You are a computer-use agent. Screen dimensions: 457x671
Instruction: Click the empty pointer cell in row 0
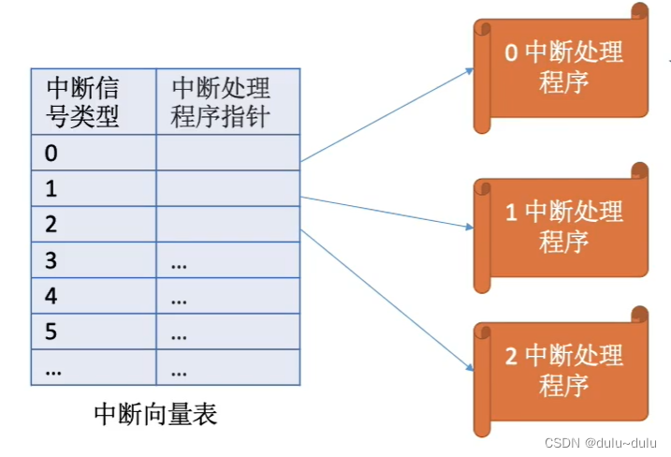[x=227, y=152]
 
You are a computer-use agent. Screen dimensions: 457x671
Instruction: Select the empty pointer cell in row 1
[x=227, y=188]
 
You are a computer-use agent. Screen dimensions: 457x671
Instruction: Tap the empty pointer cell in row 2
[x=227, y=225]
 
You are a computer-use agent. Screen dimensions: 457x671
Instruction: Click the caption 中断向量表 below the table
[x=155, y=414]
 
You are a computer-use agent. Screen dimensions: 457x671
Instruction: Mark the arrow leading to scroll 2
[x=384, y=300]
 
